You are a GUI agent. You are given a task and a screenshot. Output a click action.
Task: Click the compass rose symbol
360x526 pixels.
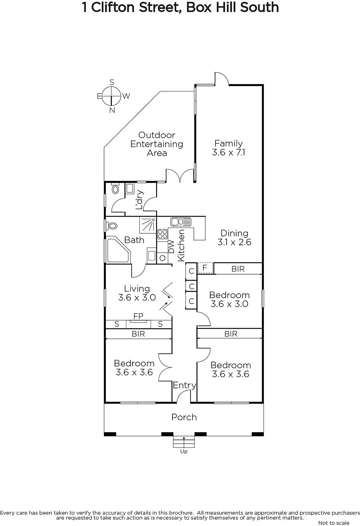(112, 96)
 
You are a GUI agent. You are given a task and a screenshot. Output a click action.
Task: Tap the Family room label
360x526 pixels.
(229, 148)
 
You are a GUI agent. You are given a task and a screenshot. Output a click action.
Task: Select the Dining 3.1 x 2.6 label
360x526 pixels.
(235, 238)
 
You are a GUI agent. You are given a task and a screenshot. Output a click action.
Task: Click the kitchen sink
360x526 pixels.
(181, 222)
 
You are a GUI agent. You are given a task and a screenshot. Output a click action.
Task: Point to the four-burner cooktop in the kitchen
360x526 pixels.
(162, 234)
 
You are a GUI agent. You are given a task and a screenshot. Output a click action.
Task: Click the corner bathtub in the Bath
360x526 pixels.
(118, 251)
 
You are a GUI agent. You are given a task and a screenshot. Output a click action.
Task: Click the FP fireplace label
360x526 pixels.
(138, 316)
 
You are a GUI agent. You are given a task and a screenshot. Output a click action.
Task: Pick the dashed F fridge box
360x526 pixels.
(205, 268)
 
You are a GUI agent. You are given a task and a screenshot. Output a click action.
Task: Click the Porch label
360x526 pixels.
(184, 417)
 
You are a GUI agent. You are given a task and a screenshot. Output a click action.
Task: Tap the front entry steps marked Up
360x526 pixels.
(184, 442)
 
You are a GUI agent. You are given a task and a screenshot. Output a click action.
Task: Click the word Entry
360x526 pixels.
(185, 386)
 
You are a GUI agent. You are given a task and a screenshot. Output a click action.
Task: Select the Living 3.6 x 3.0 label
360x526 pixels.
(137, 293)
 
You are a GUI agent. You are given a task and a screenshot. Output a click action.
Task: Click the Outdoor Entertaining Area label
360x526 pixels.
(157, 144)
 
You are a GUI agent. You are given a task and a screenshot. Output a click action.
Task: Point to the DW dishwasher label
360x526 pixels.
(171, 247)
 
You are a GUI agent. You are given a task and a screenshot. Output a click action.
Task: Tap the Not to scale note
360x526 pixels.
(334, 523)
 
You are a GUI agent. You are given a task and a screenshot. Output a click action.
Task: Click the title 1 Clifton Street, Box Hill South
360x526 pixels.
(180, 7)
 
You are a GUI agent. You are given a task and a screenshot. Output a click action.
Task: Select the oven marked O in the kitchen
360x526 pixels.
(162, 258)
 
